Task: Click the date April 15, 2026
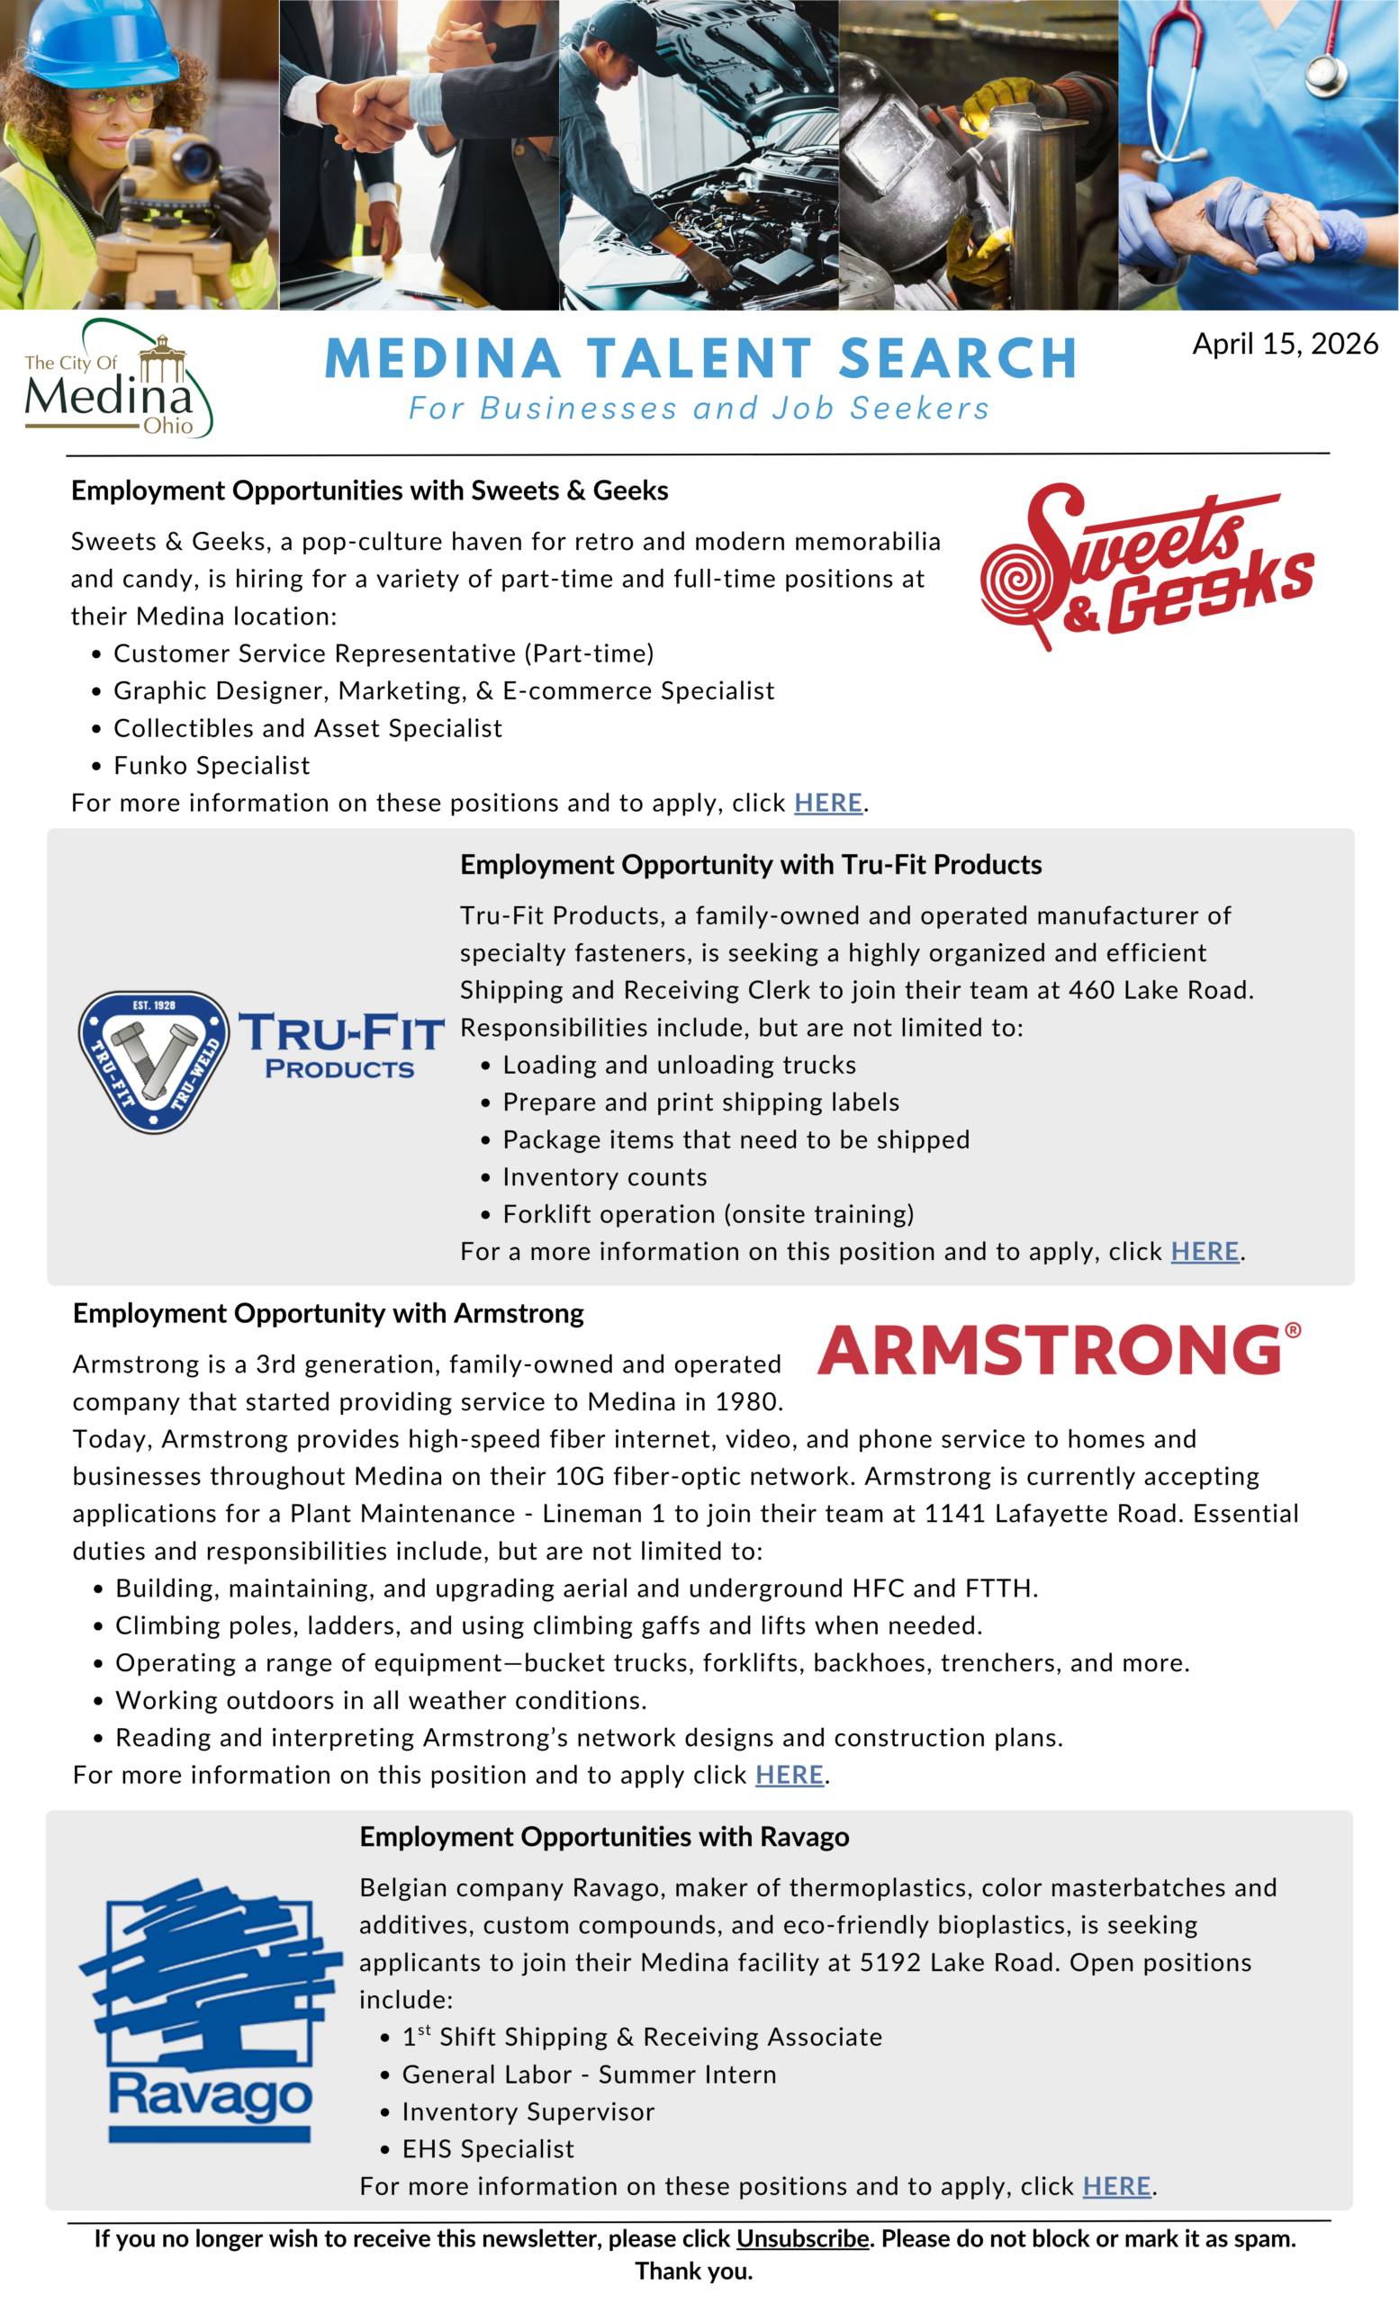(1284, 344)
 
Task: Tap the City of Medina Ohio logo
(117, 380)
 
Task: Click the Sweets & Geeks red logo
(1145, 565)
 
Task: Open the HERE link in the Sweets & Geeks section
(827, 802)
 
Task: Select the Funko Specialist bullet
(212, 765)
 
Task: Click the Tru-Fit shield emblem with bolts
(153, 1061)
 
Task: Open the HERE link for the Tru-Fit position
(1205, 1251)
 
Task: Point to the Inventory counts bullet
(604, 1176)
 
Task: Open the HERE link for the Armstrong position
(790, 1775)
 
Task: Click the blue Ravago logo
(210, 2011)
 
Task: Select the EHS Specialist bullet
(487, 2149)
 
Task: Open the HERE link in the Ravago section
(1116, 2186)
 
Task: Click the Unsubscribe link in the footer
(802, 2238)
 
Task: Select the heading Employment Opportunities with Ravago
(604, 1837)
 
